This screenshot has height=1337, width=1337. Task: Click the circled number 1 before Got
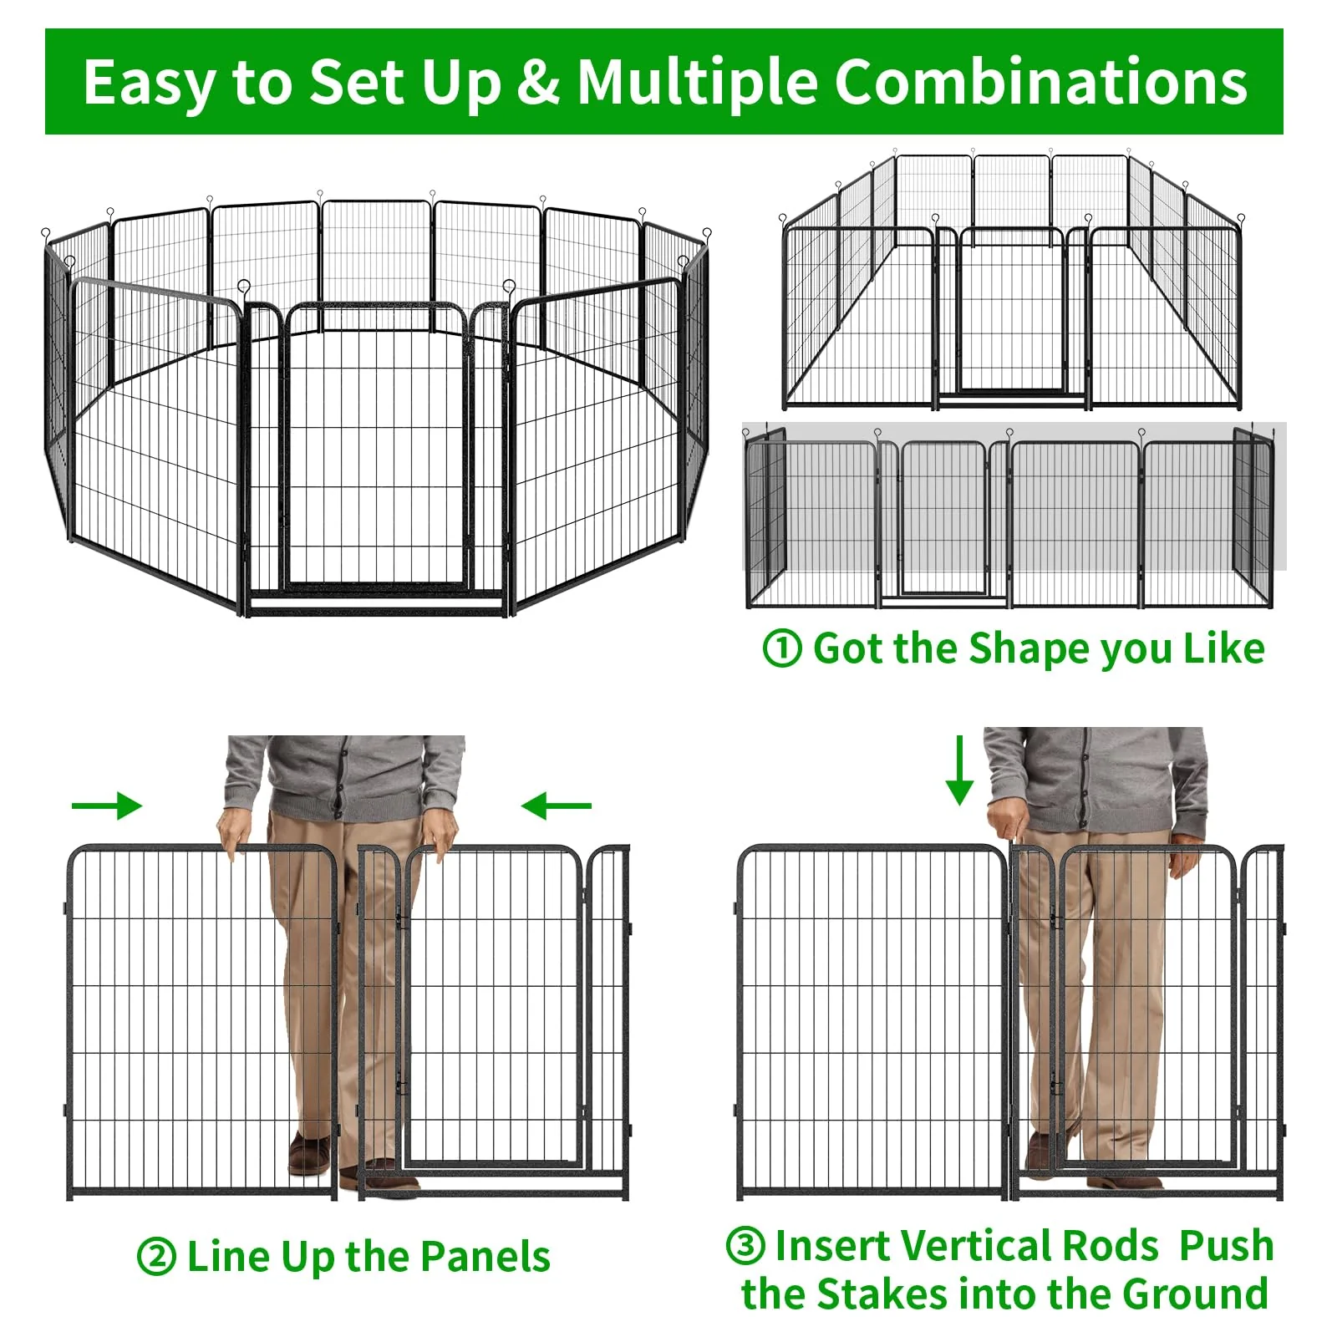click(x=782, y=648)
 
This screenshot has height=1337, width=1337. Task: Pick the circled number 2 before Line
click(x=156, y=1258)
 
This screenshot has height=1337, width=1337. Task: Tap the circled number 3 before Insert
click(x=745, y=1245)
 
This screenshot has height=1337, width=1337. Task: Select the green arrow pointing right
click(x=107, y=806)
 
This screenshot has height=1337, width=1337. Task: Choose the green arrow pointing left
click(x=556, y=806)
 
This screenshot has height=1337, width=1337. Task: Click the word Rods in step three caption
click(x=1111, y=1246)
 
